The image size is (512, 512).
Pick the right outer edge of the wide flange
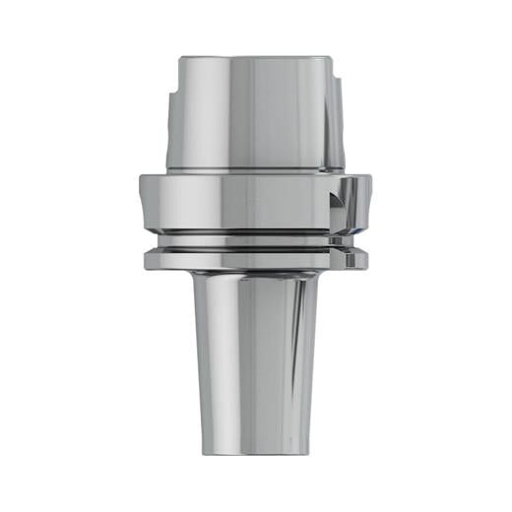[369, 202]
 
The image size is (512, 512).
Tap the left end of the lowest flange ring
[146, 259]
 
